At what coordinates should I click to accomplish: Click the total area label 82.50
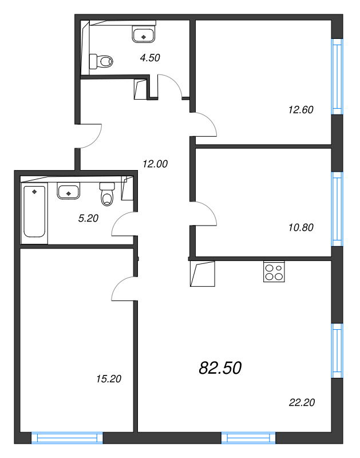pyautogui.click(x=220, y=368)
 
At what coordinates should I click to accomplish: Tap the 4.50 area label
pyautogui.click(x=150, y=58)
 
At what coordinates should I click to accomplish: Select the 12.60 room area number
pyautogui.click(x=300, y=109)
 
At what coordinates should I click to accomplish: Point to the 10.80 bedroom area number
pyautogui.click(x=300, y=227)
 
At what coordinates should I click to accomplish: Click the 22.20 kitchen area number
pyautogui.click(x=302, y=402)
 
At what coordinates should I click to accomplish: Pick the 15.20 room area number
pyautogui.click(x=109, y=379)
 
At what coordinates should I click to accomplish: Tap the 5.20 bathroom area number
pyautogui.click(x=88, y=218)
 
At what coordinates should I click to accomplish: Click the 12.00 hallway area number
pyautogui.click(x=155, y=164)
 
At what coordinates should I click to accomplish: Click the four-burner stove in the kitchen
pyautogui.click(x=274, y=271)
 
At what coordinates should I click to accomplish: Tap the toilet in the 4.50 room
pyautogui.click(x=101, y=61)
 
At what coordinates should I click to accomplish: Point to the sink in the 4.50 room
pyautogui.click(x=144, y=34)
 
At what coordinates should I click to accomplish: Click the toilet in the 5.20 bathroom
pyautogui.click(x=107, y=194)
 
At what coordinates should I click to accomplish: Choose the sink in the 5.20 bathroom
pyautogui.click(x=68, y=191)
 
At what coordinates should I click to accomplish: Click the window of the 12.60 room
pyautogui.click(x=337, y=77)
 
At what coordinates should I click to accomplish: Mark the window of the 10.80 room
pyautogui.click(x=337, y=209)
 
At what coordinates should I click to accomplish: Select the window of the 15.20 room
pyautogui.click(x=67, y=438)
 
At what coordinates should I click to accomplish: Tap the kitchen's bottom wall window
pyautogui.click(x=248, y=438)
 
